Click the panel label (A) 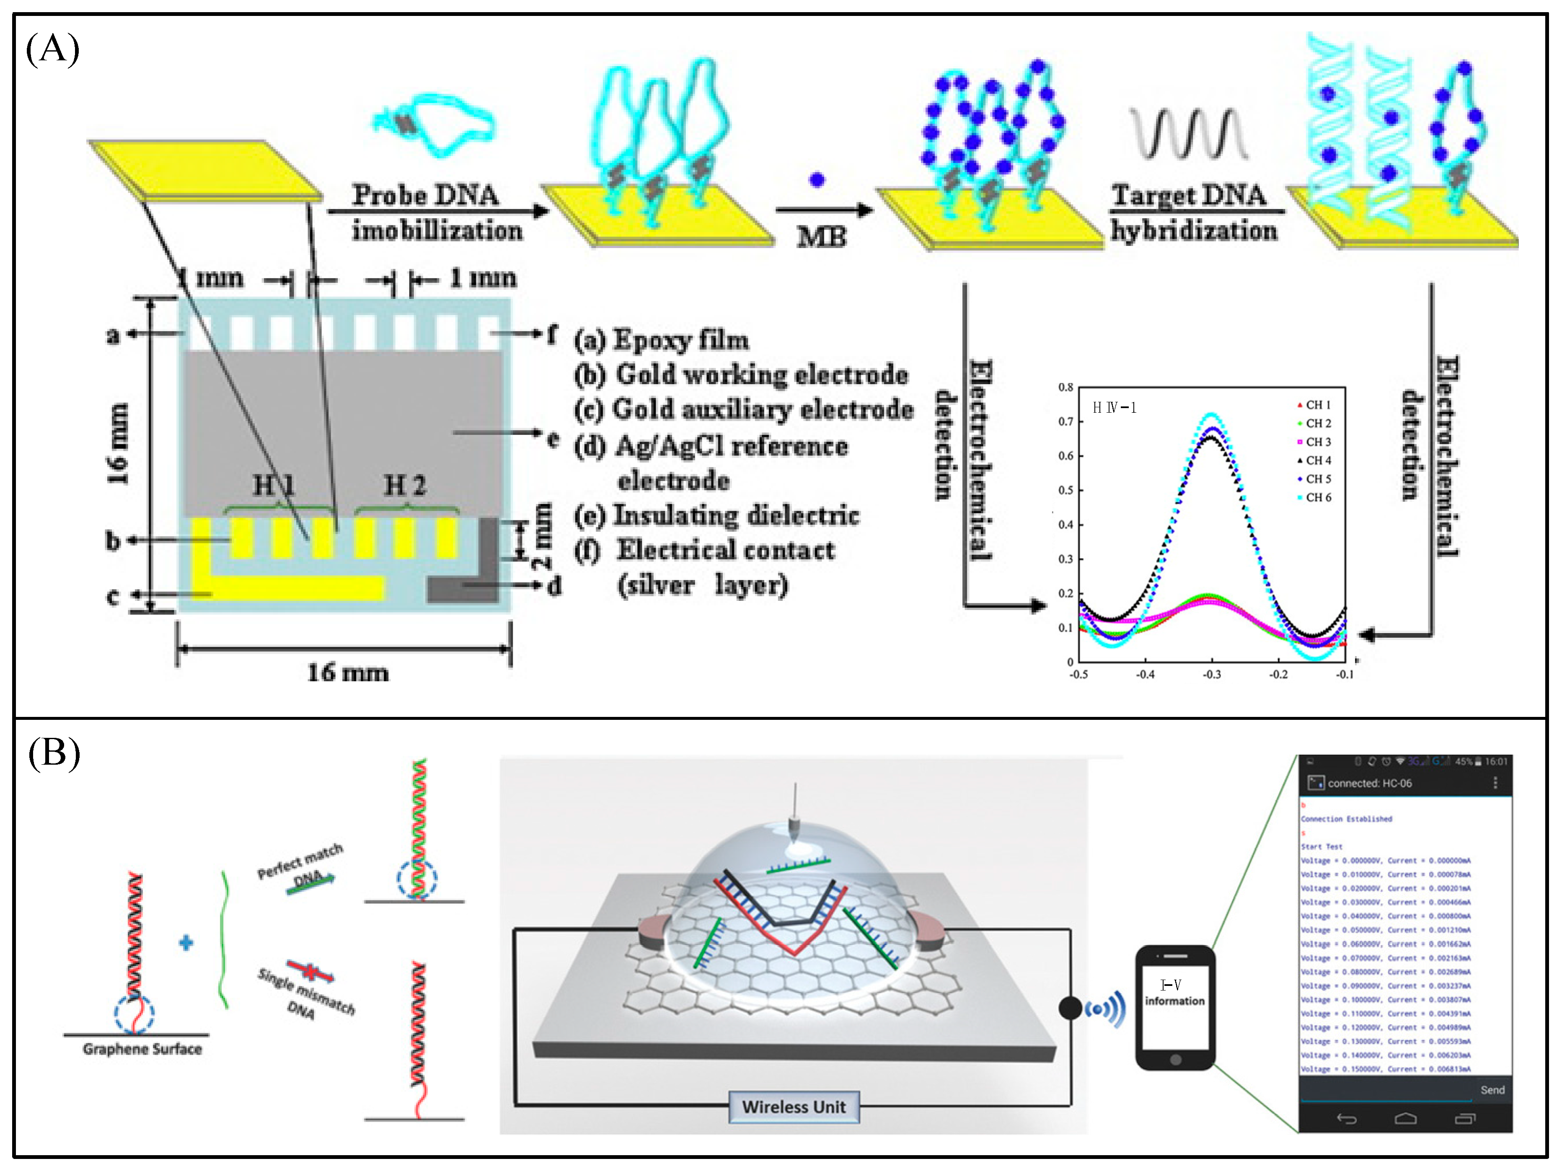click(52, 49)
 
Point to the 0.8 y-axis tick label click(1065, 387)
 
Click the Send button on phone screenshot click(1492, 1090)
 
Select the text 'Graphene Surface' click(142, 1049)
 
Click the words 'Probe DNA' click(425, 195)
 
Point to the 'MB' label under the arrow click(821, 237)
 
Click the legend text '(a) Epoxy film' click(661, 340)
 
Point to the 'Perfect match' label click(300, 861)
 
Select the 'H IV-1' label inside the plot click(1114, 408)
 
